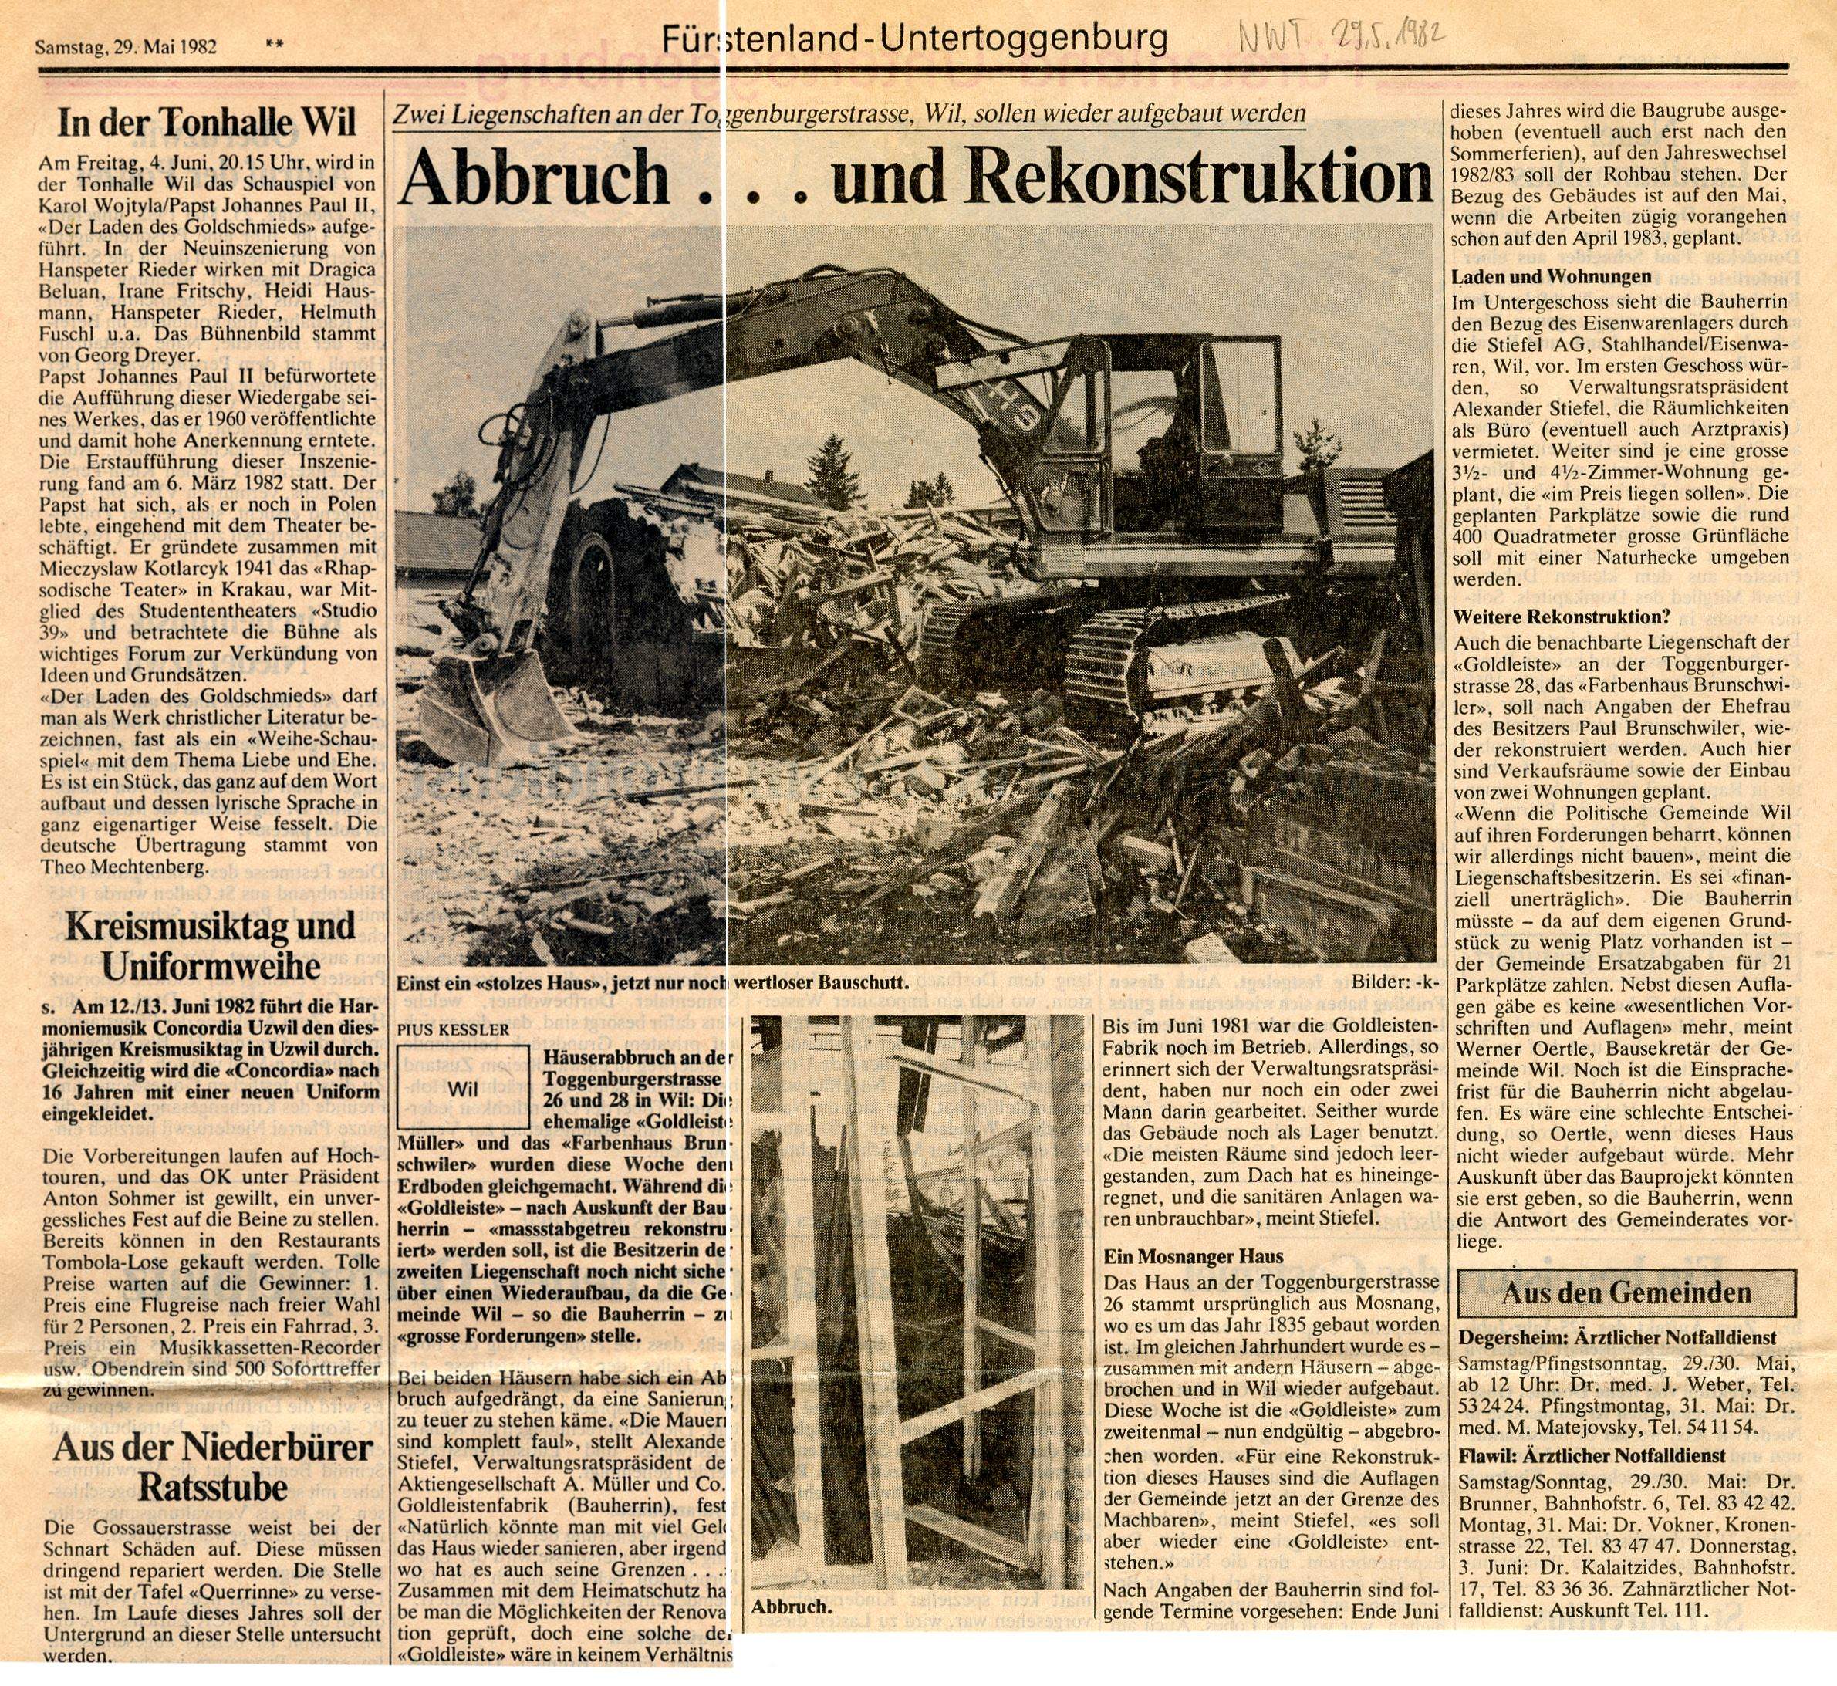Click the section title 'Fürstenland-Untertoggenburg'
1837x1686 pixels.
pyautogui.click(x=915, y=39)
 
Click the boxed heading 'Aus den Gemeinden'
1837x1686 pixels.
pyautogui.click(x=1626, y=1292)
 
